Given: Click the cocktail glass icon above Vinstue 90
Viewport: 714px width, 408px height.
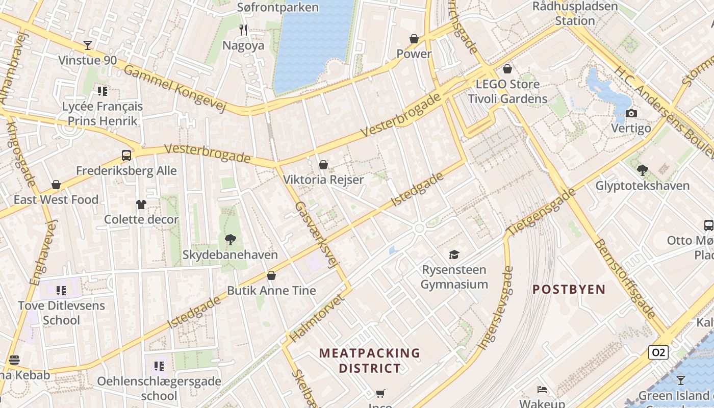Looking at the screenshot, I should (88, 45).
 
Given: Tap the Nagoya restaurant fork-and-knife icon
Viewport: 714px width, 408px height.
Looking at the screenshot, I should (243, 30).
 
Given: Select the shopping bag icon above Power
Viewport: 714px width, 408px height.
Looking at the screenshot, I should (414, 39).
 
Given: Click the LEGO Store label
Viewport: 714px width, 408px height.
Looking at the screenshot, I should (507, 84).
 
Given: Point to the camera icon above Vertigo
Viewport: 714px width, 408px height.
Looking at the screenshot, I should (631, 113).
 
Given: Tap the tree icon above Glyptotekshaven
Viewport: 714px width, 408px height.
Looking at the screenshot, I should (643, 170).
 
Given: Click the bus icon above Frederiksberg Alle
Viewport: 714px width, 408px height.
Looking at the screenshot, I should (126, 156).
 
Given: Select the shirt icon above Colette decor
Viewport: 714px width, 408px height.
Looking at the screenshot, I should (141, 205).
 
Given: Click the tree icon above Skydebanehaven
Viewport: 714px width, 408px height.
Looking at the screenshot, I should (231, 240).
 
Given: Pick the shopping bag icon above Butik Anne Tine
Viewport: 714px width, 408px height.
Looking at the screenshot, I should (271, 275).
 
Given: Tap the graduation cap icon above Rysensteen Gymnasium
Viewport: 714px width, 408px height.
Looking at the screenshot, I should (454, 254).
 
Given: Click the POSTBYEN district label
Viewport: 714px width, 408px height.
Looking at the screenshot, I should (569, 290).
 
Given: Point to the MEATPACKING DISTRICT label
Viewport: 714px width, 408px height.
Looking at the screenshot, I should (370, 360).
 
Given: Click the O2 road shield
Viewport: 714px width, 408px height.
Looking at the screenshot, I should (658, 352).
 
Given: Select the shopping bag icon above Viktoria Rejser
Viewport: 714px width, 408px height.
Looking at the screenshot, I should (323, 165).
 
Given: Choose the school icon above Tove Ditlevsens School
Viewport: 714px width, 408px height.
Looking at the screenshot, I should (61, 291).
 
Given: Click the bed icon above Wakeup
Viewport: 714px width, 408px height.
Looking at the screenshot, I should (542, 390).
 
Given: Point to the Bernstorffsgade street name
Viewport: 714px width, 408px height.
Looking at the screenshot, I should (625, 278).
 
